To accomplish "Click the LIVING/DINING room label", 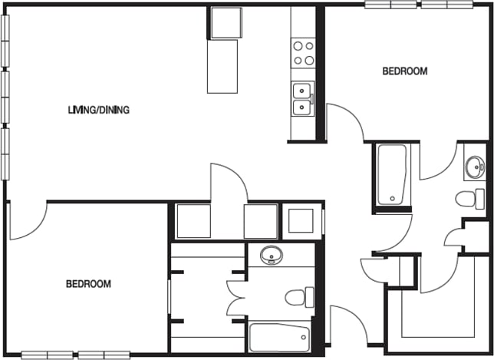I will point(98,110).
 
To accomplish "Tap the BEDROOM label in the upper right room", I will point(404,71).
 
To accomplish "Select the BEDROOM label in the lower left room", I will point(88,284).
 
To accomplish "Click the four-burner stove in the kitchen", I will point(304,52).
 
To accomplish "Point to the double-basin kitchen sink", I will point(303,98).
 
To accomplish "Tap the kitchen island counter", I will point(223,66).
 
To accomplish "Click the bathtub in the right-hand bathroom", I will point(394,175).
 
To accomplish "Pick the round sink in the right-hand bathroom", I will point(475,166).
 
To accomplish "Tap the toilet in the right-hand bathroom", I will point(470,199).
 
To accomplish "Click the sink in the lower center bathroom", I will point(270,255).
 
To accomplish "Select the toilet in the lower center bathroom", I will point(298,296).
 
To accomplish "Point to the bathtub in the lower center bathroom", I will point(279,337).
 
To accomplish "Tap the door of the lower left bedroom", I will point(28,221).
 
